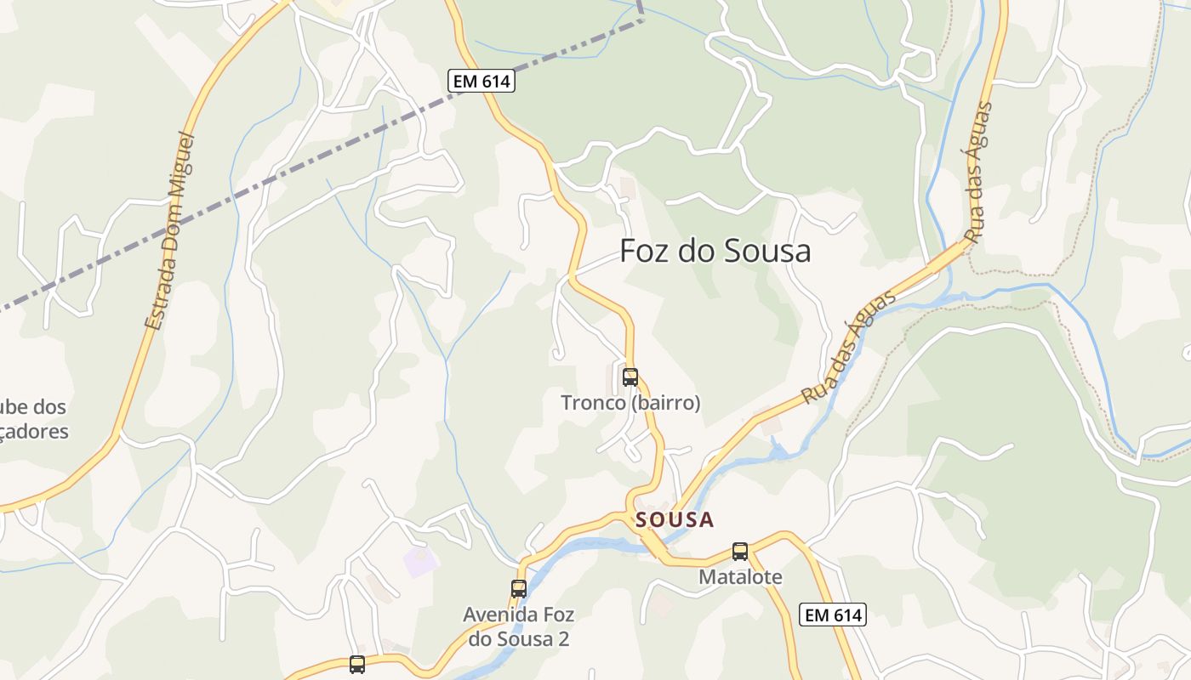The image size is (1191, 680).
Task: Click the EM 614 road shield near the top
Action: (481, 82)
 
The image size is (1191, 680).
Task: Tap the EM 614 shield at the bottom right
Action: (832, 615)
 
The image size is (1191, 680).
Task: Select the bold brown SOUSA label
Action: (675, 520)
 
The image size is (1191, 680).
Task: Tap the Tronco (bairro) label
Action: (630, 403)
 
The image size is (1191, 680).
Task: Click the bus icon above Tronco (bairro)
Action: (630, 377)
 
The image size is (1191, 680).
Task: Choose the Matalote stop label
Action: (740, 577)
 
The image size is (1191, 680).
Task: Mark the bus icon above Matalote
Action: (740, 551)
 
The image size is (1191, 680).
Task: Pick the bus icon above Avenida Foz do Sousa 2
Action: (519, 588)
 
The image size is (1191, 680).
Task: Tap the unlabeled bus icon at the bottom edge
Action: (357, 665)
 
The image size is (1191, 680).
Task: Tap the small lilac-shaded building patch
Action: (419, 561)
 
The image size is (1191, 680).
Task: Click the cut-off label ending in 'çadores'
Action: (35, 431)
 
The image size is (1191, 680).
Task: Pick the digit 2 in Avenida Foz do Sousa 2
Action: (562, 639)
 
